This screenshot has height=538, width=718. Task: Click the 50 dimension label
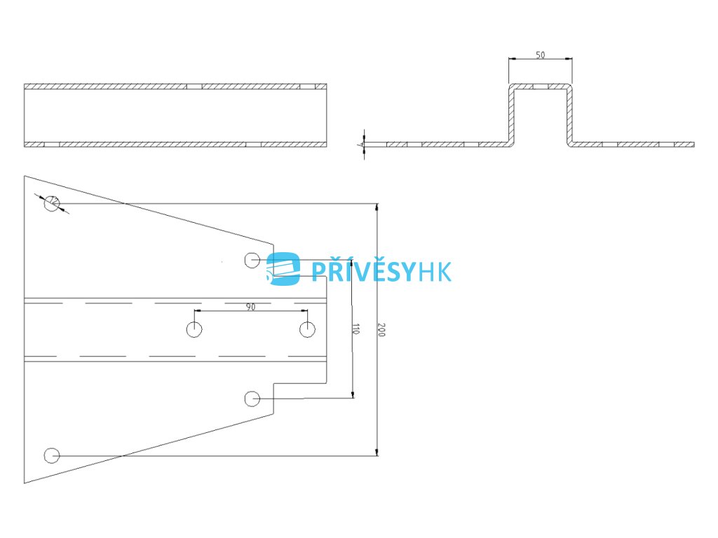click(x=540, y=55)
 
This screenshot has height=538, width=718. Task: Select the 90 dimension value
click(x=250, y=306)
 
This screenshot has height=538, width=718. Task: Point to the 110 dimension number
click(x=356, y=330)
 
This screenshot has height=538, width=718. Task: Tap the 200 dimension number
click(x=381, y=330)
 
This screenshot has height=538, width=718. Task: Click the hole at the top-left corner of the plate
click(x=51, y=204)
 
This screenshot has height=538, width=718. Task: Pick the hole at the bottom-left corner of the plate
click(x=51, y=455)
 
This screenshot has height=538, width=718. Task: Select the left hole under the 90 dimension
click(x=194, y=329)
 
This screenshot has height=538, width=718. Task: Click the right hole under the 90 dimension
click(x=307, y=329)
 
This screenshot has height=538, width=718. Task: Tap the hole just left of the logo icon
click(x=252, y=260)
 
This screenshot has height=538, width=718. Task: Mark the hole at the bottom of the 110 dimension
click(x=252, y=399)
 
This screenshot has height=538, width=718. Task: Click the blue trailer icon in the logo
click(x=284, y=268)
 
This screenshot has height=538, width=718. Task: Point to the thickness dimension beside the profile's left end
click(x=365, y=144)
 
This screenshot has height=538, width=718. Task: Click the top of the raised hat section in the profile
click(x=540, y=88)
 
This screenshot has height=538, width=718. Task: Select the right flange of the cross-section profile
click(x=631, y=144)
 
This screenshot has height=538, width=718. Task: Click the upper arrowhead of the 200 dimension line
click(x=377, y=207)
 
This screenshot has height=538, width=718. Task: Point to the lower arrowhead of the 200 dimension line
click(x=377, y=452)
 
